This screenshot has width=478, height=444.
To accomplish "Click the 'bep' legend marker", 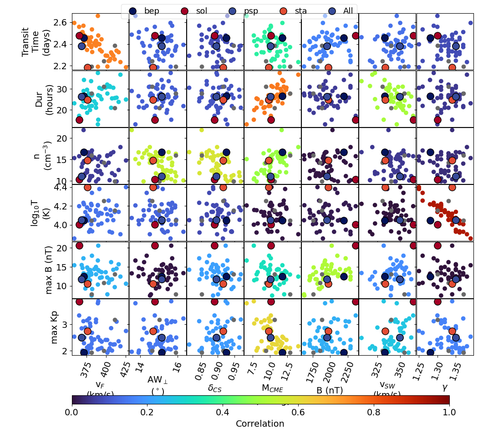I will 133,11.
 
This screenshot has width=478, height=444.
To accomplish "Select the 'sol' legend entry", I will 185,11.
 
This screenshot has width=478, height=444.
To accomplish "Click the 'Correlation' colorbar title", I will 260,424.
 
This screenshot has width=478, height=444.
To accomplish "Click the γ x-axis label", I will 444,387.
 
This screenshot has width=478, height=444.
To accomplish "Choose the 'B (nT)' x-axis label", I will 330,390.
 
